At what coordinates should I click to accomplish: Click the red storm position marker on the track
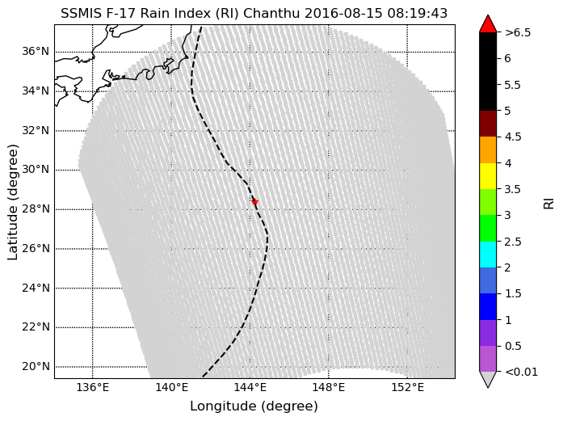(254, 201)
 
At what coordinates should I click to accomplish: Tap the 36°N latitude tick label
(35, 52)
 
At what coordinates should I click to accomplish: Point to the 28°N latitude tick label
(35, 208)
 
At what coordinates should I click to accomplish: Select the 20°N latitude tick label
(35, 366)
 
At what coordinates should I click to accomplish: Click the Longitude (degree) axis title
(254, 406)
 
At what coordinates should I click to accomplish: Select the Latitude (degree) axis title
(13, 201)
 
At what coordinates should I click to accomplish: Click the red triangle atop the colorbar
(487, 24)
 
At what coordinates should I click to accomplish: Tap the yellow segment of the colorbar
(487, 175)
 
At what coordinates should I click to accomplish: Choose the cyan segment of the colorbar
(487, 254)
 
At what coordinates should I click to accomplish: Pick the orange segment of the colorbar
(487, 149)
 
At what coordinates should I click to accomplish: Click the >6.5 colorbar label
(517, 33)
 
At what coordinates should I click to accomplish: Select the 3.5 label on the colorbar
(513, 189)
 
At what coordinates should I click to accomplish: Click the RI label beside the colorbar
(548, 201)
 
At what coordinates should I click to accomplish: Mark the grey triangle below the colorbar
(487, 379)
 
